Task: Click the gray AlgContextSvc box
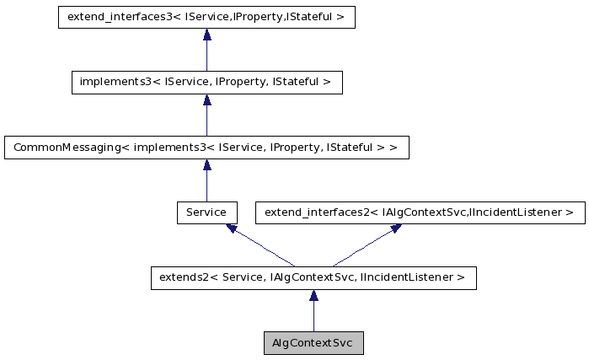click(x=313, y=343)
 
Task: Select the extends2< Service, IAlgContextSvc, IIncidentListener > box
click(x=313, y=277)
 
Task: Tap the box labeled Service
click(x=206, y=212)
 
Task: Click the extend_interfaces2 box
click(x=420, y=212)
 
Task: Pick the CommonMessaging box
click(x=206, y=147)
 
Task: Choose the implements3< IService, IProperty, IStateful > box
click(x=206, y=82)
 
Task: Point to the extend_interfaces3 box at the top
click(x=206, y=17)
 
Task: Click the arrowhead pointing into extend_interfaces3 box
click(x=206, y=35)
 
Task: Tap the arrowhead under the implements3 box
click(x=206, y=99)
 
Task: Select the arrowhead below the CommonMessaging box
click(x=206, y=164)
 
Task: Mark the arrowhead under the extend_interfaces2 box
click(x=394, y=228)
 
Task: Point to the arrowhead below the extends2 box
click(x=313, y=295)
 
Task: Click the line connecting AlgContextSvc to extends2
click(x=313, y=317)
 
